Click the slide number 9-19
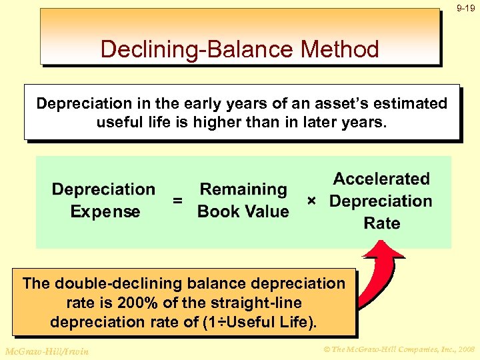(466, 9)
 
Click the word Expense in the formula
(105, 212)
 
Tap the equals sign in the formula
(177, 200)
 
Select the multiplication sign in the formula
(311, 200)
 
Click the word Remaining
(243, 190)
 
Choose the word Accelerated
(381, 179)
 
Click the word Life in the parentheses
(294, 322)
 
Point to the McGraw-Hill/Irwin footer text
(45, 351)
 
